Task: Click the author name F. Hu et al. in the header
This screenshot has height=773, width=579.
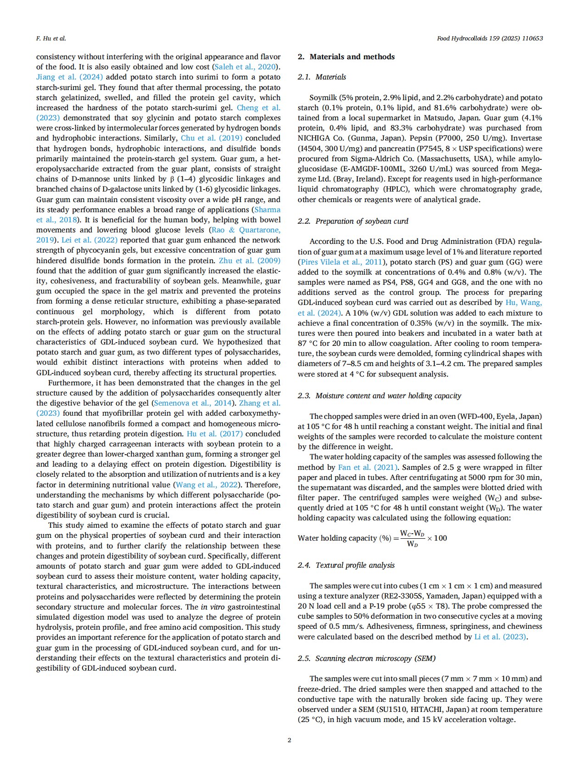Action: [x=51, y=39]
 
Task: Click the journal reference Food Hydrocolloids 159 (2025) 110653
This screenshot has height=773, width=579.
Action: [x=490, y=39]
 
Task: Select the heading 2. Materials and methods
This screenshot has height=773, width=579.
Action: [x=346, y=57]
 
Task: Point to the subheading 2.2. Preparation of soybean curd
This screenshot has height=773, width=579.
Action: [x=352, y=221]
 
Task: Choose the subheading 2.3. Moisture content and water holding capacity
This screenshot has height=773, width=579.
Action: [x=379, y=396]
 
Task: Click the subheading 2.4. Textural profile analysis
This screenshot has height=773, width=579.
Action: [x=346, y=565]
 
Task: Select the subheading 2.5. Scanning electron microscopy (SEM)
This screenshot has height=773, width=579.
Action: [x=366, y=659]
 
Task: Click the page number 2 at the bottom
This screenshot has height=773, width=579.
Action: [x=289, y=740]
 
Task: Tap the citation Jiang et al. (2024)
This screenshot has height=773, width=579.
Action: [x=69, y=77]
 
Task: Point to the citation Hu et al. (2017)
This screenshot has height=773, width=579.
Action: [x=217, y=434]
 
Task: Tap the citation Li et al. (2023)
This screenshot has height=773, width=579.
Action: [x=500, y=637]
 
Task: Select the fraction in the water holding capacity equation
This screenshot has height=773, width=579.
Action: [x=412, y=538]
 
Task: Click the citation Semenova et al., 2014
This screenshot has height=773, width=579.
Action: [x=194, y=403]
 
